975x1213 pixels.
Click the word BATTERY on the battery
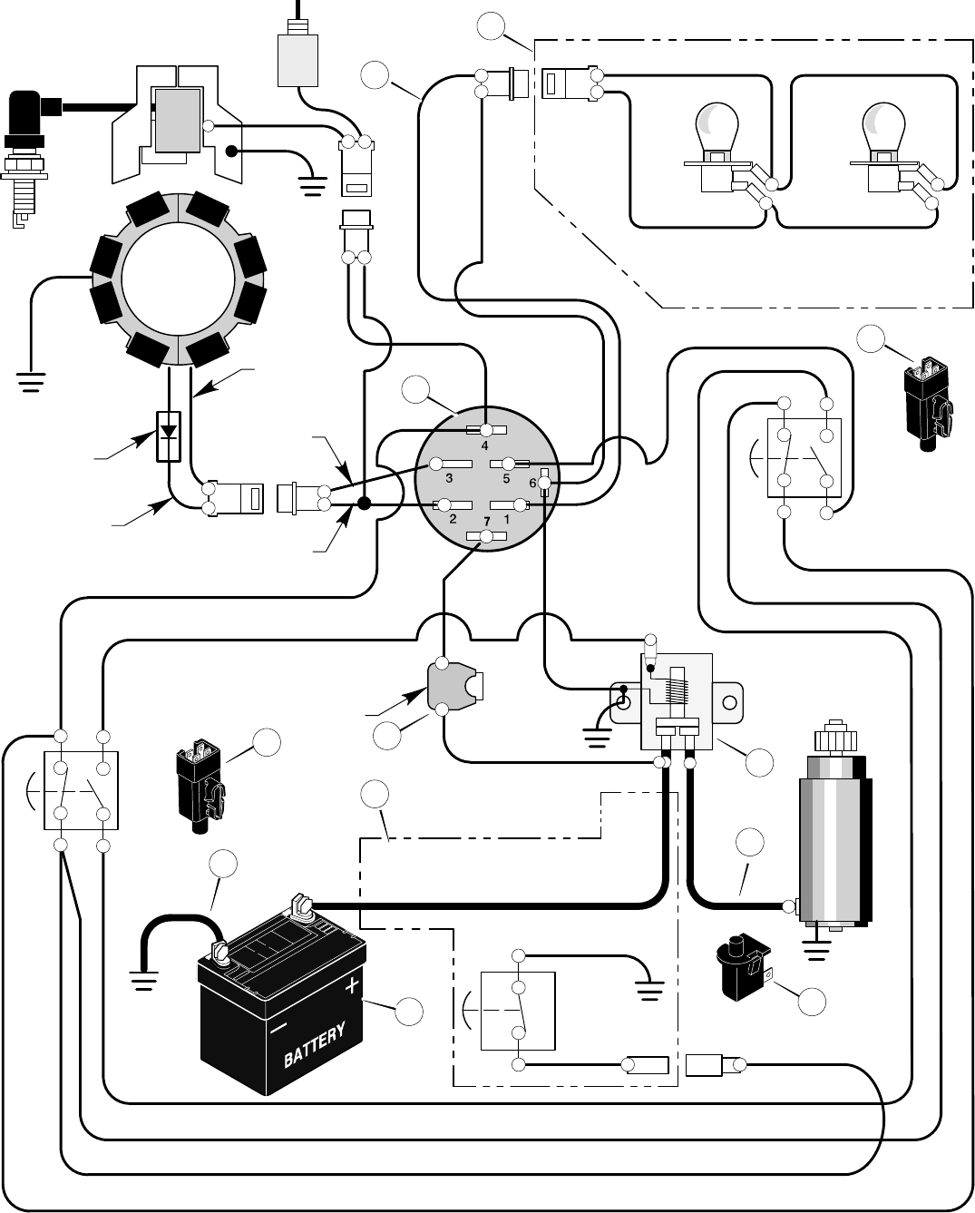pos(315,1045)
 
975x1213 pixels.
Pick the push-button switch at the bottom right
pos(745,969)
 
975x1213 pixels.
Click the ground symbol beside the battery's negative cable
pos(143,979)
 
